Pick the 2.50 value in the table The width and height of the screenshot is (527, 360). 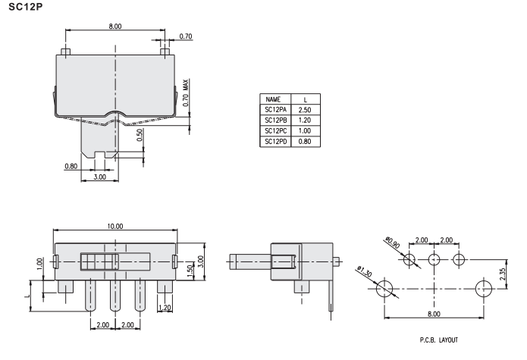[306, 109]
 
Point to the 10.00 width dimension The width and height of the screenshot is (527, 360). [115, 226]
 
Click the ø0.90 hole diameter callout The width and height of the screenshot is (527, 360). [392, 243]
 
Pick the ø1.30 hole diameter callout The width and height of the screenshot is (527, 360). [363, 273]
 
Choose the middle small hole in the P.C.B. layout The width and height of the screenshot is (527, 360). [434, 260]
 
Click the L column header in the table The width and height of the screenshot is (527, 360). [306, 99]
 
